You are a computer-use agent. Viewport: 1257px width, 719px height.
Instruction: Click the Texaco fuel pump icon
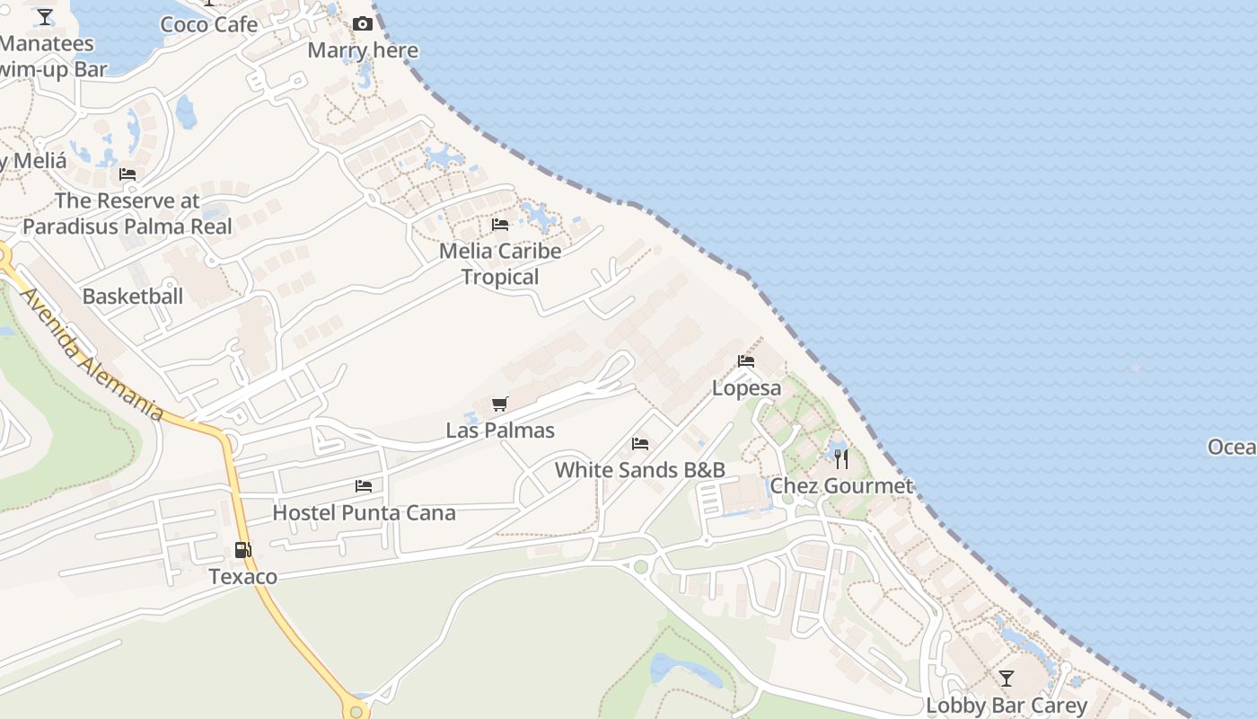point(242,550)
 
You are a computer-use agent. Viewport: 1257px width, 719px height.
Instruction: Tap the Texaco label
point(242,576)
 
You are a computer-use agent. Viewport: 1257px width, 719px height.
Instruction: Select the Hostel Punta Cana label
point(364,513)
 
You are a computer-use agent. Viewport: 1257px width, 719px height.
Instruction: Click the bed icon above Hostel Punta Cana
point(364,486)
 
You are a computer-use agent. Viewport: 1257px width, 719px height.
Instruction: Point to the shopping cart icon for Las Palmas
point(500,404)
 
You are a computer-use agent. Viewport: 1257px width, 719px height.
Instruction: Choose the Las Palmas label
point(500,431)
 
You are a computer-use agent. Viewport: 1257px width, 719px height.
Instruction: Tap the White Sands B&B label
point(639,470)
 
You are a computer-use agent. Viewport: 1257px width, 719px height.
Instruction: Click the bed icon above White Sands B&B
point(640,444)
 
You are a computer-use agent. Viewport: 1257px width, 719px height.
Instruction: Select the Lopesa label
point(746,388)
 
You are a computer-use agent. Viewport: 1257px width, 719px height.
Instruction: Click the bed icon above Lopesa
point(746,361)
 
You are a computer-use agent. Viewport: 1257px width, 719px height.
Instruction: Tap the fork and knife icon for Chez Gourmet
point(841,459)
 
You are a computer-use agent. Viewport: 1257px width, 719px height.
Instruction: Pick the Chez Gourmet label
point(841,486)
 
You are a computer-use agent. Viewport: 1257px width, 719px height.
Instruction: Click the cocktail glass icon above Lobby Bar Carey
point(1006,679)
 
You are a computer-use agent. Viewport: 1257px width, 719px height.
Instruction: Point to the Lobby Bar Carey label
point(1006,706)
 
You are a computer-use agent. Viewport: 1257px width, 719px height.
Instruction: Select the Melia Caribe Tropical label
point(500,264)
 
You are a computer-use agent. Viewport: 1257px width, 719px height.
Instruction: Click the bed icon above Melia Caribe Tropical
point(500,224)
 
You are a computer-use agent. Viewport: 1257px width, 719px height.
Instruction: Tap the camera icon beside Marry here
point(363,24)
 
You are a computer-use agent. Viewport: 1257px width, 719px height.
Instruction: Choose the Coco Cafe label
point(209,24)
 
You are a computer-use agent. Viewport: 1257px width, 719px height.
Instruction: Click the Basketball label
point(133,297)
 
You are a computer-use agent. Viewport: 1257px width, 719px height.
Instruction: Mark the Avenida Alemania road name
point(90,354)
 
